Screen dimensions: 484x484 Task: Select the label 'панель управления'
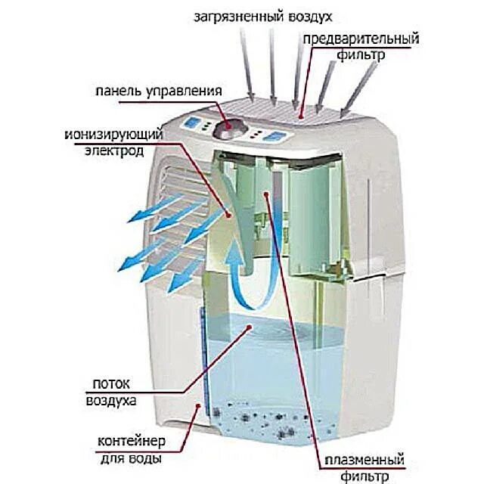(x=158, y=92)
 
